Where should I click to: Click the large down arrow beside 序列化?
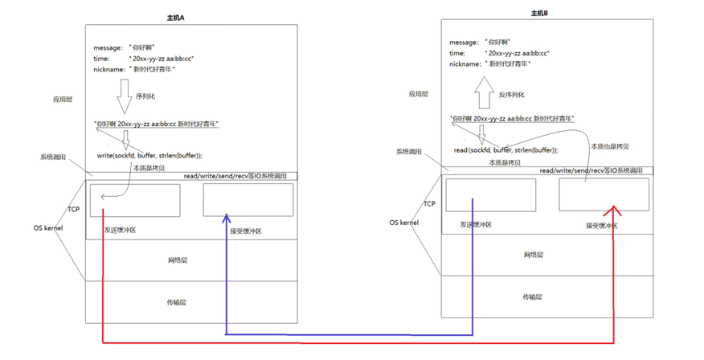coord(124,96)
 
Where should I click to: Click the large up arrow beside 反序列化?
coord(485,92)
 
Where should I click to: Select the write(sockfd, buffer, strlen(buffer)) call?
coord(149,155)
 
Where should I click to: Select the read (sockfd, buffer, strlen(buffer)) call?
coord(505,149)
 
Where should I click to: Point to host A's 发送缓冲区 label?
coord(120,230)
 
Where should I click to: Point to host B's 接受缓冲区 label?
coord(602,226)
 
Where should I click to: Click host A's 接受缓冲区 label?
coord(245,231)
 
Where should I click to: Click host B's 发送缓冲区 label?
coord(475,226)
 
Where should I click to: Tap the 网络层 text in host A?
coord(178,260)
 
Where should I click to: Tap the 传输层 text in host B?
coord(532,297)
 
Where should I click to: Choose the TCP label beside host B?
coord(429,204)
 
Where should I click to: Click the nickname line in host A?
coord(134,69)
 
